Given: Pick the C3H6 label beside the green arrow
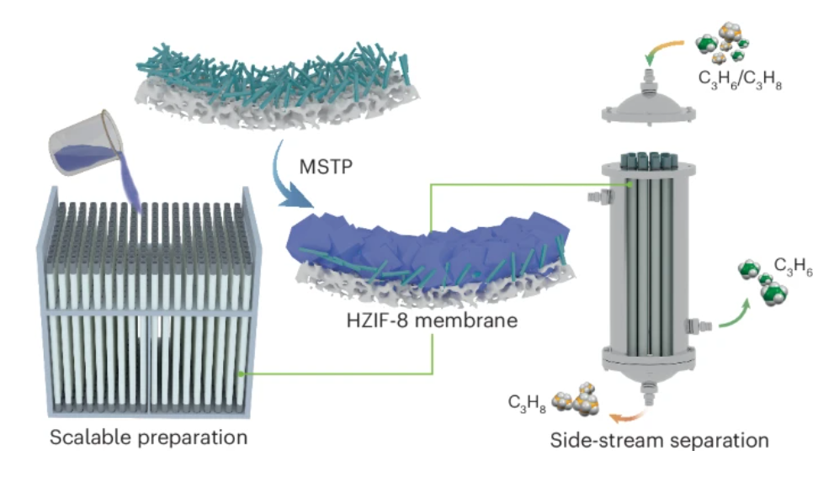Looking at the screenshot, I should [x=792, y=272].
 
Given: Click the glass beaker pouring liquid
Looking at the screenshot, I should [x=80, y=138].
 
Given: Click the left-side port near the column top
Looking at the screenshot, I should [x=595, y=197].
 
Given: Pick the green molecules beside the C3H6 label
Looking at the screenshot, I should [x=762, y=283].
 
